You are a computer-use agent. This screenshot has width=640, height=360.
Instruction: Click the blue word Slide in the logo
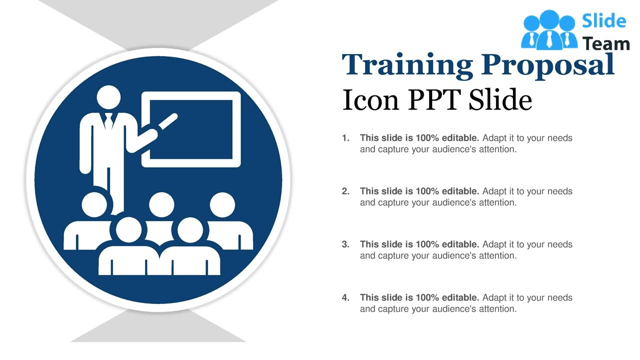pyautogui.click(x=604, y=21)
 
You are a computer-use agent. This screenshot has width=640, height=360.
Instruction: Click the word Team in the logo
pyautogui.click(x=606, y=44)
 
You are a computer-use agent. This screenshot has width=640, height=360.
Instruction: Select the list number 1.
pyautogui.click(x=345, y=138)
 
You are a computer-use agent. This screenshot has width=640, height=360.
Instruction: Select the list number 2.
pyautogui.click(x=345, y=191)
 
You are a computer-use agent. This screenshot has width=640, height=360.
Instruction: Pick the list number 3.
pyautogui.click(x=345, y=244)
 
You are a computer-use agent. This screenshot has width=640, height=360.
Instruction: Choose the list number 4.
pyautogui.click(x=345, y=297)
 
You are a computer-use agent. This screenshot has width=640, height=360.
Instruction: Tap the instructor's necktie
pyautogui.click(x=109, y=120)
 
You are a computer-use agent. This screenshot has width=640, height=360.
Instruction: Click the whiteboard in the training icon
pyautogui.click(x=191, y=129)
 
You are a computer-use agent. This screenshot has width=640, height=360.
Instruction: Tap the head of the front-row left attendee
pyautogui.click(x=128, y=229)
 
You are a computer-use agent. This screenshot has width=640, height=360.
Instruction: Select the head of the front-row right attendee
pyautogui.click(x=189, y=229)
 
